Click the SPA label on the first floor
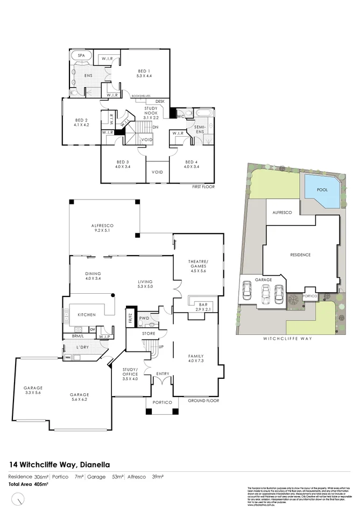(x=82, y=55)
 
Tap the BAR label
(x=196, y=305)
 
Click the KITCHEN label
(x=87, y=314)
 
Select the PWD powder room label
(x=144, y=318)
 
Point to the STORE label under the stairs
(x=149, y=334)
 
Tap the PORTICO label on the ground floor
(x=162, y=402)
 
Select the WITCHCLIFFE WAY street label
(x=288, y=339)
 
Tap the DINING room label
(x=93, y=275)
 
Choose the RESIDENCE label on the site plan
(x=300, y=254)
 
